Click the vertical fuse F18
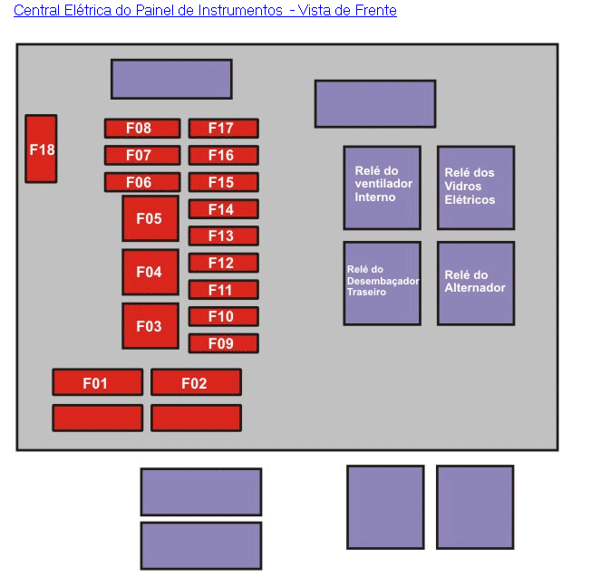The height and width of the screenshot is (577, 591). coord(41,149)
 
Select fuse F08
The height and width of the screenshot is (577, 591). coord(142,129)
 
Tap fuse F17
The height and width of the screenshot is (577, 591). coord(224,129)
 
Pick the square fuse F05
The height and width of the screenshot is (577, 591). coord(150,218)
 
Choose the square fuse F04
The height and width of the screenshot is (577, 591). coord(150,272)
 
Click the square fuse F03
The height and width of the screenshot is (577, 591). coord(150,326)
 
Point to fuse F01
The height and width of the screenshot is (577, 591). coord(98,382)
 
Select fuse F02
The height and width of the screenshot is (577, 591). coord(197,382)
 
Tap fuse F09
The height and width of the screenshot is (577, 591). coord(224,343)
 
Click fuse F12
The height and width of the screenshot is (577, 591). coord(224,263)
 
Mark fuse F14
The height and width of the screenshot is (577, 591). coord(224,209)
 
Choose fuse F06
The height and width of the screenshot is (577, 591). coord(142,182)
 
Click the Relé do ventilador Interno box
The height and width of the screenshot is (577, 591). coord(383,188)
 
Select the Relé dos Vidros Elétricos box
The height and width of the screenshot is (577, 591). coord(476,188)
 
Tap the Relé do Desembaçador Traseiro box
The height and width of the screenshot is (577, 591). coord(383,284)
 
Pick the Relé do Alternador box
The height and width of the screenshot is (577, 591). coord(476,284)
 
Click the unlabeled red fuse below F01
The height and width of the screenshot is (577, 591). coord(98,418)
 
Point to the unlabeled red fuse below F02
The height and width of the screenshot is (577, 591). coord(197,418)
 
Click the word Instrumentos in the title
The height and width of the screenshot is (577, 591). coord(240,10)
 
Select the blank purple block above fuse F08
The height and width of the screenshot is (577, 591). coord(171,79)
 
